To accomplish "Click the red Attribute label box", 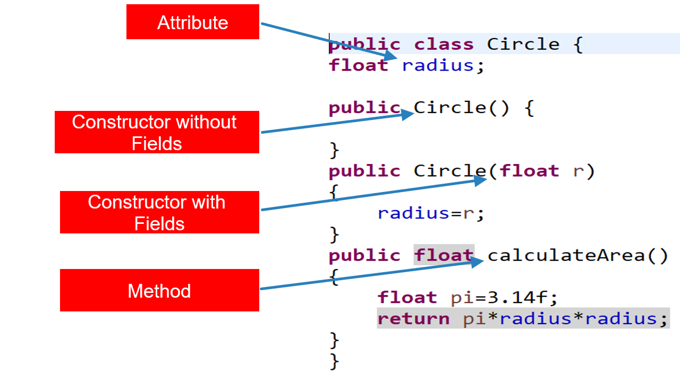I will coord(192,22).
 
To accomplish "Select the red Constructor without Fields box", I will coord(157,132).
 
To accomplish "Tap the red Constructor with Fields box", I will coord(159,212).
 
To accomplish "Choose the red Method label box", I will coord(159,290).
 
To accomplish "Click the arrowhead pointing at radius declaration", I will coord(390,55).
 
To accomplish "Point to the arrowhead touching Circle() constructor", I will coord(407,113).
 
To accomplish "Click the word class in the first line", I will coord(444,44).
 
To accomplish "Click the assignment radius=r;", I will coord(431,213).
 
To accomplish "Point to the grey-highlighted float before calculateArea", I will coord(444,256).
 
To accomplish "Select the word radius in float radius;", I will coord(437,65).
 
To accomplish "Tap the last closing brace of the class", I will coord(334,361).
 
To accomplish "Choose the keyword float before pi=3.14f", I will coord(407,298).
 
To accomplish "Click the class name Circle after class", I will coord(523,44).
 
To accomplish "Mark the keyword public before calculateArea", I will coord(364,256).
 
